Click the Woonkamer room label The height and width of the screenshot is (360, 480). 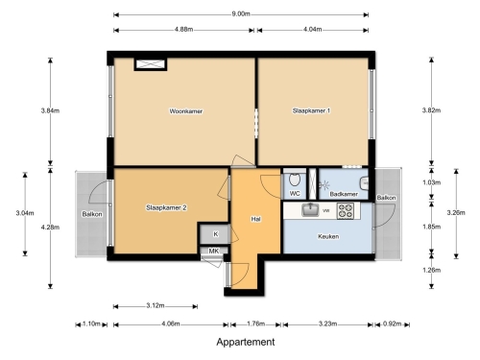(x=186, y=111)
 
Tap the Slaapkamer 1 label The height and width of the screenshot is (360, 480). (x=311, y=110)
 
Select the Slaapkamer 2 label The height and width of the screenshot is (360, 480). (x=166, y=207)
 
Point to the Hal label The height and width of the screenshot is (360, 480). (x=255, y=219)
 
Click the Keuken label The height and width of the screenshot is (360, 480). (x=328, y=236)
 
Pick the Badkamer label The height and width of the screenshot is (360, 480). (x=344, y=194)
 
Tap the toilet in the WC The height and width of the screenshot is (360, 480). (x=295, y=180)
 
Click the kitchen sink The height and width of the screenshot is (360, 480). (x=310, y=210)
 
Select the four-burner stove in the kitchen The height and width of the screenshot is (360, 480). (x=346, y=211)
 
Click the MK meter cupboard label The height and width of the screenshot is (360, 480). (x=214, y=251)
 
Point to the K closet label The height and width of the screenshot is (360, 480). (x=216, y=234)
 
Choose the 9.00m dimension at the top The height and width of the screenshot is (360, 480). (x=241, y=14)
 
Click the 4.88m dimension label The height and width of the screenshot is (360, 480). (x=183, y=30)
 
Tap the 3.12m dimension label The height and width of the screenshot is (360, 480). (x=156, y=305)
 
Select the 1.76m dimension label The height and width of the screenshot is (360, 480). (x=256, y=324)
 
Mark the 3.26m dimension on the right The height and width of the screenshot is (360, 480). (x=456, y=212)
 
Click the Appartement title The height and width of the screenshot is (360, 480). (x=246, y=342)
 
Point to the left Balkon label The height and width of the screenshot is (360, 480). (x=92, y=214)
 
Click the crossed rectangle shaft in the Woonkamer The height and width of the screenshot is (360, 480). (x=151, y=64)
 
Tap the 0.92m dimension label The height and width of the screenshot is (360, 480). (x=393, y=324)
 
